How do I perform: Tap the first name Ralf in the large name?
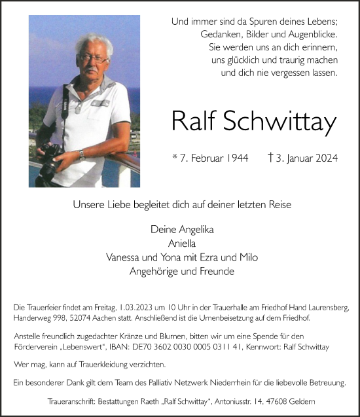[x=196, y=121]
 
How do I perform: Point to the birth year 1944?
[x=236, y=158]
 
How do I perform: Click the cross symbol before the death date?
[x=271, y=158]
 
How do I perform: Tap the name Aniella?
[x=180, y=244]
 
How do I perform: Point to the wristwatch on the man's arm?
[x=82, y=154]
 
